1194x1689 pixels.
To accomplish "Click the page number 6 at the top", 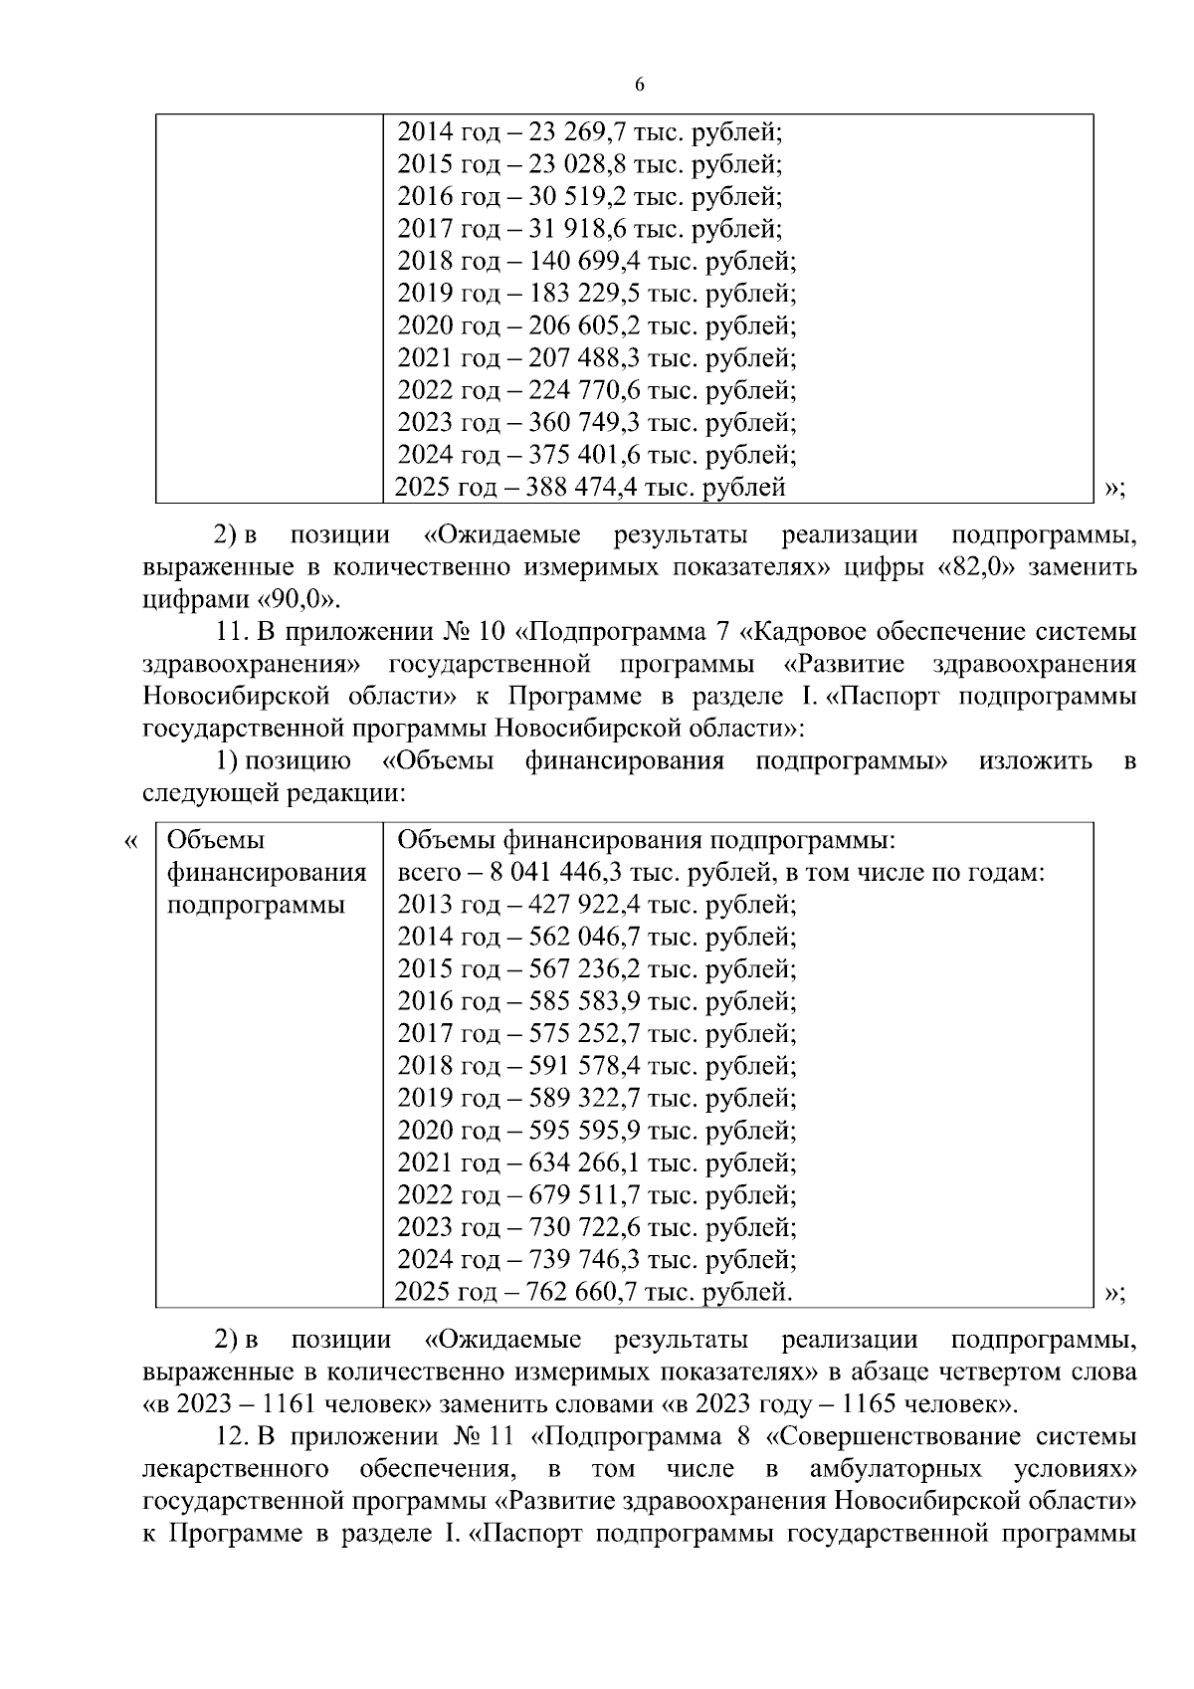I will point(639,86).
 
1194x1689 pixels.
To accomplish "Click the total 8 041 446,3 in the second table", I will point(556,873).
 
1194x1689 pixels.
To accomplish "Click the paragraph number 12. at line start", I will point(230,1437).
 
